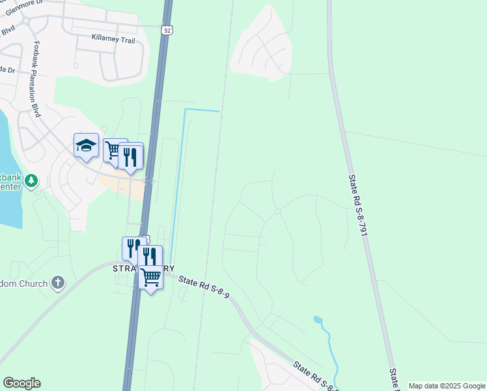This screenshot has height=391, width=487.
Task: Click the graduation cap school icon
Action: pyautogui.click(x=86, y=145)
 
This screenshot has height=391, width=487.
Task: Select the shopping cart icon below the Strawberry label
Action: pyautogui.click(x=150, y=278)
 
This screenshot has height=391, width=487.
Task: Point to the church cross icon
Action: pyautogui.click(x=58, y=282)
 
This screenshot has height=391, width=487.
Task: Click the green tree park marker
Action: pyautogui.click(x=33, y=181)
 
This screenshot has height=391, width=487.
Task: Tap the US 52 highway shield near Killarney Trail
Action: pyautogui.click(x=168, y=29)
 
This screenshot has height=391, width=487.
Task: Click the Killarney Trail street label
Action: pyautogui.click(x=113, y=40)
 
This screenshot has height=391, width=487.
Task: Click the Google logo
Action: pyautogui.click(x=21, y=383)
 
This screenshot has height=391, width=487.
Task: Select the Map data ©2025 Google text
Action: pyautogui.click(x=447, y=386)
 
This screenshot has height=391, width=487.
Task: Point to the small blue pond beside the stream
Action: pyautogui.click(x=317, y=320)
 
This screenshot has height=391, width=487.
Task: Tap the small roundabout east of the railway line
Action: pyautogui.click(x=278, y=211)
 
